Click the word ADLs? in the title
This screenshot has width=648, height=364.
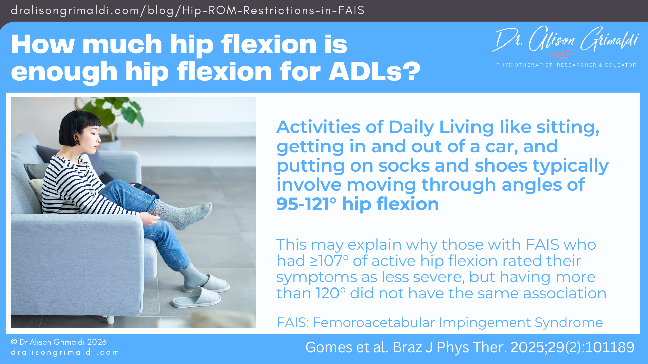pos(374,72)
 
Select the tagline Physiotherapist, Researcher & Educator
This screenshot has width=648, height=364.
pos(566,65)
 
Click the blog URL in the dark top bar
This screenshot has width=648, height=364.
pos(188,10)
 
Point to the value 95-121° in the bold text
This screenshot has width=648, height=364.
pos(306,204)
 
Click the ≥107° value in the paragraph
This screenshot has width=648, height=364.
pos(329,261)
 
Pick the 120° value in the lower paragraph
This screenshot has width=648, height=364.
pos(330,293)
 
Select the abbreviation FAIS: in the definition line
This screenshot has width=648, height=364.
pos(293,323)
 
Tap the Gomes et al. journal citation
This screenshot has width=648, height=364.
pos(470,347)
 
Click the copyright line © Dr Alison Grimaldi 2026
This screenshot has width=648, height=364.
pos(59,342)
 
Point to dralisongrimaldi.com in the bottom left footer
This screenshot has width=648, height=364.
pos(65,352)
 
